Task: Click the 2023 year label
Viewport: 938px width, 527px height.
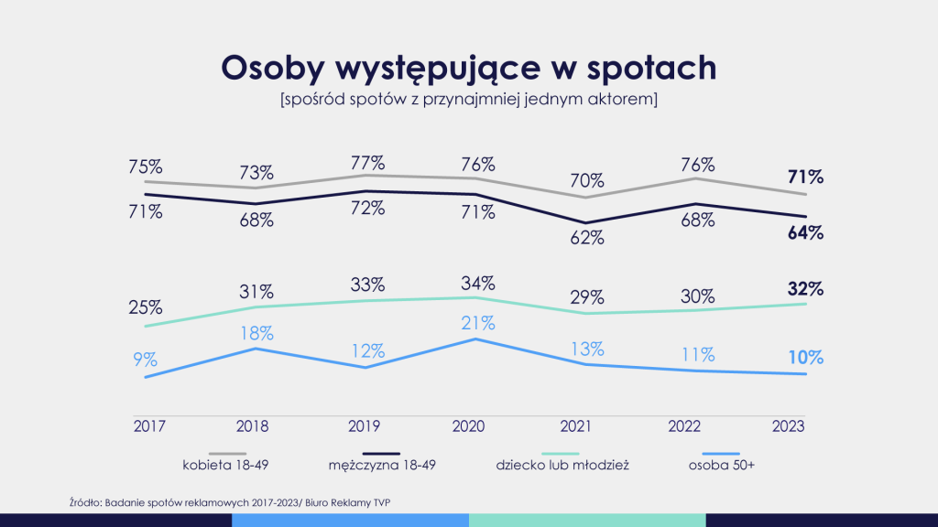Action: click(x=789, y=425)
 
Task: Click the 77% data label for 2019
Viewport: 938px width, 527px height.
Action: click(x=366, y=164)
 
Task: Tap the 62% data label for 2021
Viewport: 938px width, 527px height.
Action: click(x=586, y=239)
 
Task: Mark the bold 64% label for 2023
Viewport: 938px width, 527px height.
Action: click(x=805, y=233)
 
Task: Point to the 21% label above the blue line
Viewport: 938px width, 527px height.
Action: click(x=477, y=323)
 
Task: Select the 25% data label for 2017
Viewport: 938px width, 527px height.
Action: click(x=147, y=307)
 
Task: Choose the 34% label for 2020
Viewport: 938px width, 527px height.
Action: click(x=477, y=282)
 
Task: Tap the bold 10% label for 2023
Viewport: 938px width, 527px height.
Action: click(x=805, y=357)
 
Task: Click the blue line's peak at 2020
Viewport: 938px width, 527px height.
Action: click(x=475, y=339)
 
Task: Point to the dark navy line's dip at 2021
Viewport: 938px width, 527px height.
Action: click(x=585, y=222)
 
